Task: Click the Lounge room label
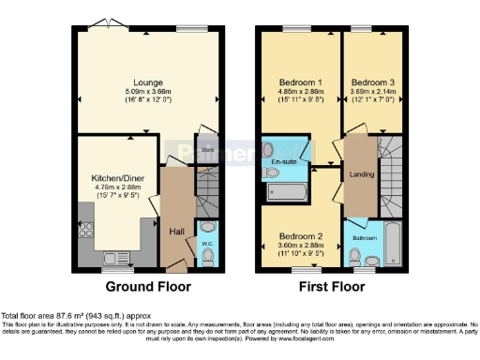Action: tap(144, 82)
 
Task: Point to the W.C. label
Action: tap(208, 245)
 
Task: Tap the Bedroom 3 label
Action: tap(373, 82)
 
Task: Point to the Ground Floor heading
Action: tap(147, 286)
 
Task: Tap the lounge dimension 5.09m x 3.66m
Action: tap(145, 92)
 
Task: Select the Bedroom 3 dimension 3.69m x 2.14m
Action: tap(373, 92)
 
